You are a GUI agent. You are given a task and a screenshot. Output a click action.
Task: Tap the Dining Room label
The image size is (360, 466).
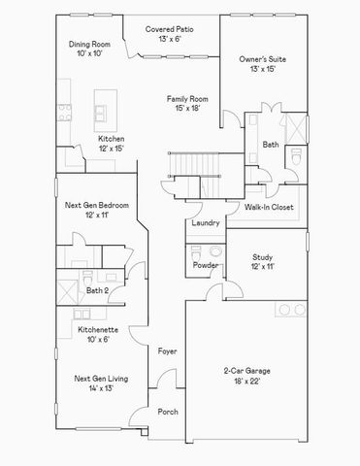[x=87, y=44]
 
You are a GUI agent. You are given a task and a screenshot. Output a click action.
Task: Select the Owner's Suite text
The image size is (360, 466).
[x=258, y=60]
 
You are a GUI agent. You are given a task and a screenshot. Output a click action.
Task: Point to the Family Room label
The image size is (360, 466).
[x=187, y=99]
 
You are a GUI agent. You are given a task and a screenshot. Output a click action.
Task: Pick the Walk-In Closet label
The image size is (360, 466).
[x=268, y=207]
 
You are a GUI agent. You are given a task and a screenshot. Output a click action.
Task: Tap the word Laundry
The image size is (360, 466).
[x=206, y=222]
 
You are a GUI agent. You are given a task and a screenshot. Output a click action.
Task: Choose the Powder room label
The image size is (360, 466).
[x=205, y=265]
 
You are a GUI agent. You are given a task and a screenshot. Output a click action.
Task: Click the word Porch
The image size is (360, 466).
[x=168, y=412]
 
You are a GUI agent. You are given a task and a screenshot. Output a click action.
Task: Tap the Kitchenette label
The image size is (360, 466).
[x=100, y=330]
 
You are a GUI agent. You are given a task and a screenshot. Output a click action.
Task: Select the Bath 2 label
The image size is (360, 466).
[x=97, y=289]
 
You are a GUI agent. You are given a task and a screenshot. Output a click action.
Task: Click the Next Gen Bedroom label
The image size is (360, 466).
[x=97, y=206]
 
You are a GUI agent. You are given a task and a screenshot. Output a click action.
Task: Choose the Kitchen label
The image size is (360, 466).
[x=112, y=139]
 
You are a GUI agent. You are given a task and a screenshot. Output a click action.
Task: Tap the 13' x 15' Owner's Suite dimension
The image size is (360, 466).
[x=258, y=70]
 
